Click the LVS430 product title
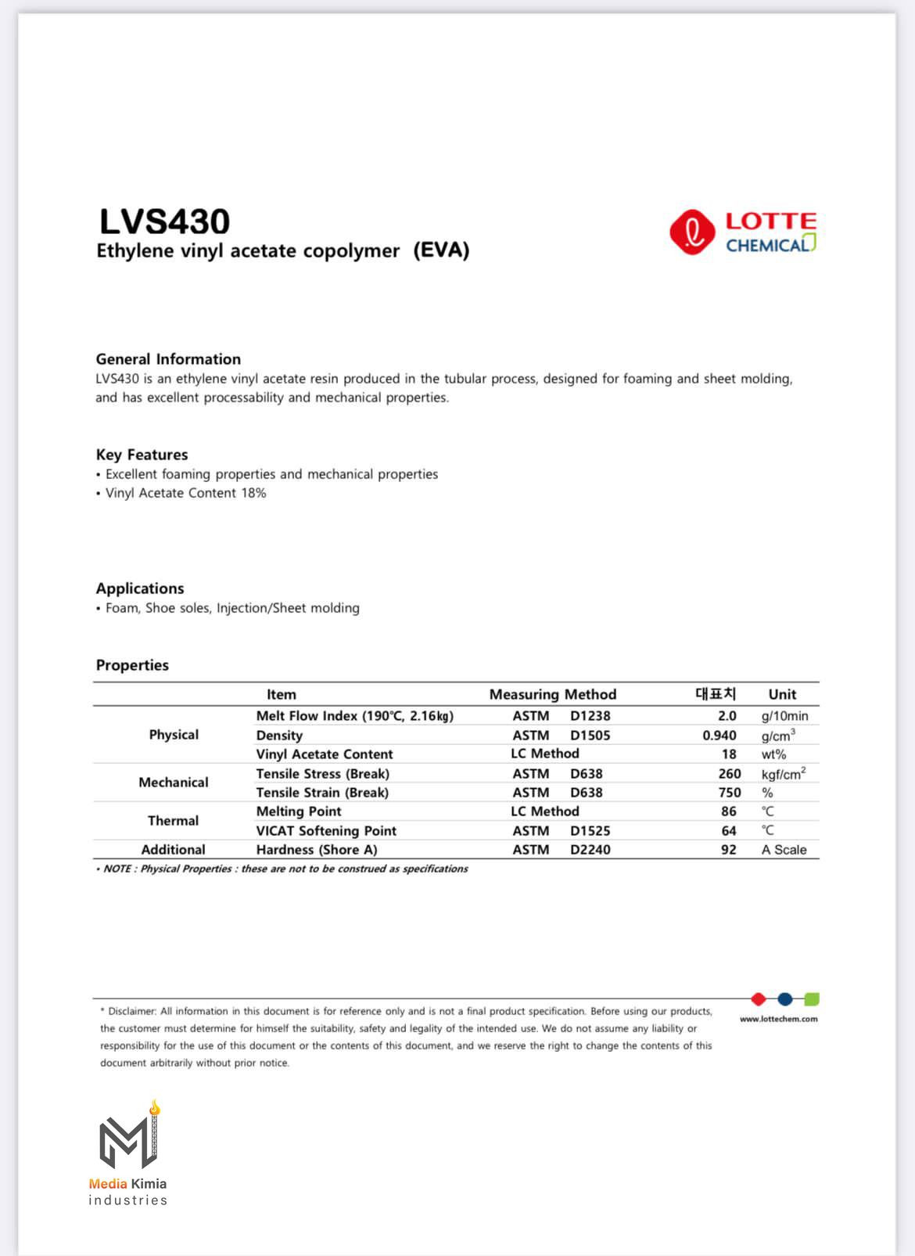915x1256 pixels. [x=164, y=221]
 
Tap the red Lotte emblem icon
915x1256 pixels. [x=691, y=232]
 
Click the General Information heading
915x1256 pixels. [x=168, y=359]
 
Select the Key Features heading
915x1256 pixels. [x=142, y=455]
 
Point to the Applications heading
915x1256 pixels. [x=140, y=588]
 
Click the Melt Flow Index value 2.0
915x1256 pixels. [x=727, y=716]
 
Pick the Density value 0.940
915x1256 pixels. [x=719, y=736]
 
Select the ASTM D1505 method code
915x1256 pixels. [x=561, y=736]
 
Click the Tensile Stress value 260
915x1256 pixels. [x=729, y=774]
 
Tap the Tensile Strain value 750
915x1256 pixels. [x=729, y=793]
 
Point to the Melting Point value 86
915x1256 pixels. [x=728, y=812]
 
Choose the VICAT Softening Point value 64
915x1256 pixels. [x=728, y=831]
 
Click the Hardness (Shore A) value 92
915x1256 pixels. [x=728, y=850]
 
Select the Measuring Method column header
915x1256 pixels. [x=552, y=694]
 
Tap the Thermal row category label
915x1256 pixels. [x=173, y=821]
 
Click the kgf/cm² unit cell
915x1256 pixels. [x=783, y=774]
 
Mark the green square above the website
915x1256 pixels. [x=812, y=999]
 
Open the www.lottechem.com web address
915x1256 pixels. [x=778, y=1019]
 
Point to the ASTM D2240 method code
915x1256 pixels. [x=561, y=850]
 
